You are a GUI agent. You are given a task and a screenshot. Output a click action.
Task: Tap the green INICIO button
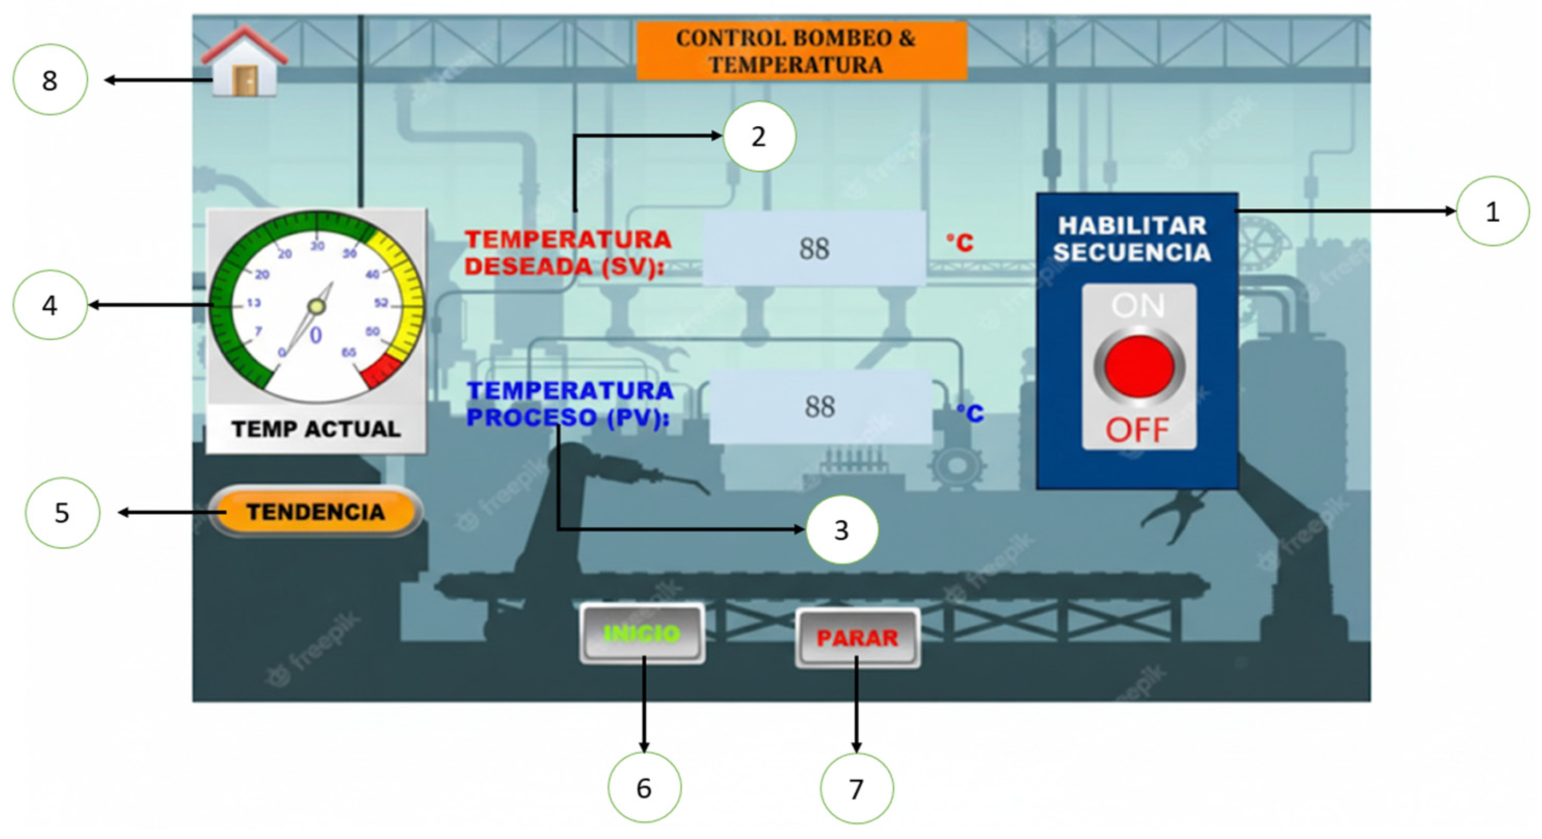click(642, 633)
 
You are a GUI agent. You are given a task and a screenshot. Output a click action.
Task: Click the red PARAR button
click(857, 638)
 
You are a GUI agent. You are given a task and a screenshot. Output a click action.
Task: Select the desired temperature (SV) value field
click(814, 248)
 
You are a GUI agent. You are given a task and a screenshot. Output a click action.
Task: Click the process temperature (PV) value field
click(820, 407)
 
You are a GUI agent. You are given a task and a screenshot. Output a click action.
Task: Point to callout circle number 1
click(1492, 211)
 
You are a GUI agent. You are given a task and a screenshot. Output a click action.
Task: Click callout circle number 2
click(759, 137)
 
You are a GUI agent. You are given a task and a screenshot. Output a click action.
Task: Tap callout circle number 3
click(842, 530)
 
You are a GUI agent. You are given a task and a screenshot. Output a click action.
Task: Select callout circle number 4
click(50, 305)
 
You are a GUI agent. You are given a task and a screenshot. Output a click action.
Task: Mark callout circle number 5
click(62, 513)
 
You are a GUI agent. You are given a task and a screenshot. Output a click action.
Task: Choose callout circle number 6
click(644, 788)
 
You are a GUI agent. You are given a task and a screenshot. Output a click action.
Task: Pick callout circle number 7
click(856, 789)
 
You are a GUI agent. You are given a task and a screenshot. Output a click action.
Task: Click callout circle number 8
click(50, 79)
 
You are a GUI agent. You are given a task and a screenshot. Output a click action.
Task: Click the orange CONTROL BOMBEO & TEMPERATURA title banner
click(801, 51)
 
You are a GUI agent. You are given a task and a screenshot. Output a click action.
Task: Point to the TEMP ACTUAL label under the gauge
click(316, 429)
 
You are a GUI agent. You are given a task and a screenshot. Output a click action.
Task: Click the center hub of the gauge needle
click(316, 307)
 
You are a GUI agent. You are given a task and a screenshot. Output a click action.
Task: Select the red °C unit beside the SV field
click(960, 243)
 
